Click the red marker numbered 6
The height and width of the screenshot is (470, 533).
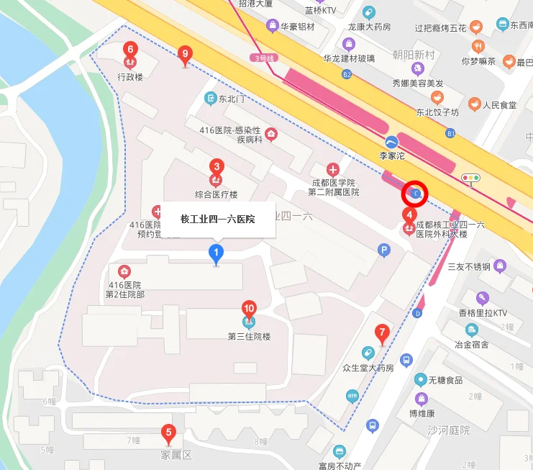(130, 50)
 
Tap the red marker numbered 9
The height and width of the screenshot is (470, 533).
(186, 54)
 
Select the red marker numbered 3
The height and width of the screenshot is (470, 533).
(216, 167)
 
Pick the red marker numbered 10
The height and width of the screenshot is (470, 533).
(249, 309)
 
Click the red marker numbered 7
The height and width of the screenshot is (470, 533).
(382, 333)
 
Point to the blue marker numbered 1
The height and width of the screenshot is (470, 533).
(215, 253)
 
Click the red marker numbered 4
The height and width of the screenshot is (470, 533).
(409, 214)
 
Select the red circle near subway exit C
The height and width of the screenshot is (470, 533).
(416, 193)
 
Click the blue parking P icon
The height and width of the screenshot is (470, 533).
(384, 250)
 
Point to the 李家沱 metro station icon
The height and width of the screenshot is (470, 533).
(391, 142)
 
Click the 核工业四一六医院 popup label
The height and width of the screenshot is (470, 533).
(217, 219)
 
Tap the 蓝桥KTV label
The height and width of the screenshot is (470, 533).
(320, 11)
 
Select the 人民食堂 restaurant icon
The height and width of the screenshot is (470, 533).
(474, 105)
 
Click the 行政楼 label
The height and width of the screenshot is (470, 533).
(130, 76)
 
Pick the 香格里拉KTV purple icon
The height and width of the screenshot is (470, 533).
(483, 298)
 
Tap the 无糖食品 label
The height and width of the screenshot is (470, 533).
(445, 379)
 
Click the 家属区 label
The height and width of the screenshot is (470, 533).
(176, 455)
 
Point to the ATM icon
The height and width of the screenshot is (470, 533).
(352, 394)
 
